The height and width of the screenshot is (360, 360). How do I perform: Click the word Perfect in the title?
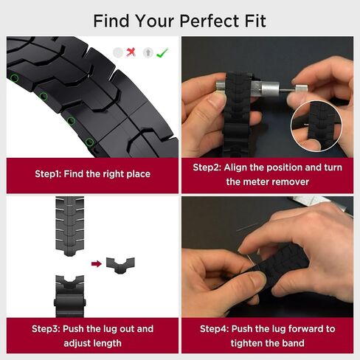210,21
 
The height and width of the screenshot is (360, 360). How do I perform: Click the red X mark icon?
131,52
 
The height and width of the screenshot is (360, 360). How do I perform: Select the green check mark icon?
162,52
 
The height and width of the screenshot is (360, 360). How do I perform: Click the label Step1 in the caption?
48,174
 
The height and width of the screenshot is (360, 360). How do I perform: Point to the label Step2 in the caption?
207,167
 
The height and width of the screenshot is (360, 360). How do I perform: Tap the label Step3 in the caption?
46,329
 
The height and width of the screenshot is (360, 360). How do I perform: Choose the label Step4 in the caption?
214,329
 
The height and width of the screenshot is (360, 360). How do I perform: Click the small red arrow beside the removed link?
97,264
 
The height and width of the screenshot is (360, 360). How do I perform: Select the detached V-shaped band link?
120,265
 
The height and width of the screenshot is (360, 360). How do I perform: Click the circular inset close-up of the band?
316,126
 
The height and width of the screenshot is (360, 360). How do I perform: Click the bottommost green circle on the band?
90,142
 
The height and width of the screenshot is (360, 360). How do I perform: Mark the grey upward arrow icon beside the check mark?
148,52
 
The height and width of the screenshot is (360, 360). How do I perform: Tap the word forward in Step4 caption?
305,329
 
